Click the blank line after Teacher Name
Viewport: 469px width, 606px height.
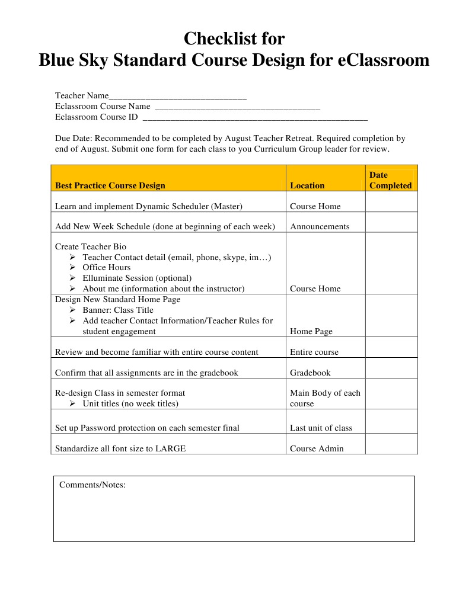178,97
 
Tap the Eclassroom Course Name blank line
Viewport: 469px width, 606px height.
237,107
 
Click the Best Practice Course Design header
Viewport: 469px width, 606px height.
110,185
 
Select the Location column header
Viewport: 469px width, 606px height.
307,185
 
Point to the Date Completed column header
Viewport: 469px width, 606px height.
390,180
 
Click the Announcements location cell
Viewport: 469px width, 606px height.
320,226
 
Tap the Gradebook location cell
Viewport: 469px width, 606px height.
310,373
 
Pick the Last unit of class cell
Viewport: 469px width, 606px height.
321,428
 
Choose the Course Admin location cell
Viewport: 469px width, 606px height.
317,448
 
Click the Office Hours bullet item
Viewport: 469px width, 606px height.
106,268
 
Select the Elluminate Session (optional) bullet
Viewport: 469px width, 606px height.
136,278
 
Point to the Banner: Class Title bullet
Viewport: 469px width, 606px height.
117,310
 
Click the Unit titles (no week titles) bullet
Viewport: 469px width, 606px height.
130,403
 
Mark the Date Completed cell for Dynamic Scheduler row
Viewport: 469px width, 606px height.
391,201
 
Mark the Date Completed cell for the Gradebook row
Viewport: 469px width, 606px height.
391,368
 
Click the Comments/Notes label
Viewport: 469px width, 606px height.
92,485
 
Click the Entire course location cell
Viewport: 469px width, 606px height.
314,352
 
